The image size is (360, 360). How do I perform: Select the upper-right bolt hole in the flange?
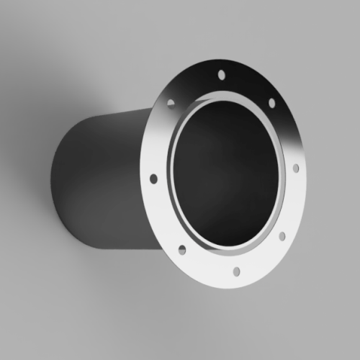[x=271, y=102]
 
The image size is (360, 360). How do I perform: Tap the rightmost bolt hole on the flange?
[x=295, y=167]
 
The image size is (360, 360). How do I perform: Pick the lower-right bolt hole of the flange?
[x=282, y=235]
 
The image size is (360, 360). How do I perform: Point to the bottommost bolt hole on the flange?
[x=237, y=271]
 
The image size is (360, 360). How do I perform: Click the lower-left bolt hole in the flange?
[x=181, y=249]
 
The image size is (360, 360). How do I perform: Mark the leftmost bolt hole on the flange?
[x=153, y=178]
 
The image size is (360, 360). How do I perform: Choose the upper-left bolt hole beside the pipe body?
[x=171, y=103]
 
